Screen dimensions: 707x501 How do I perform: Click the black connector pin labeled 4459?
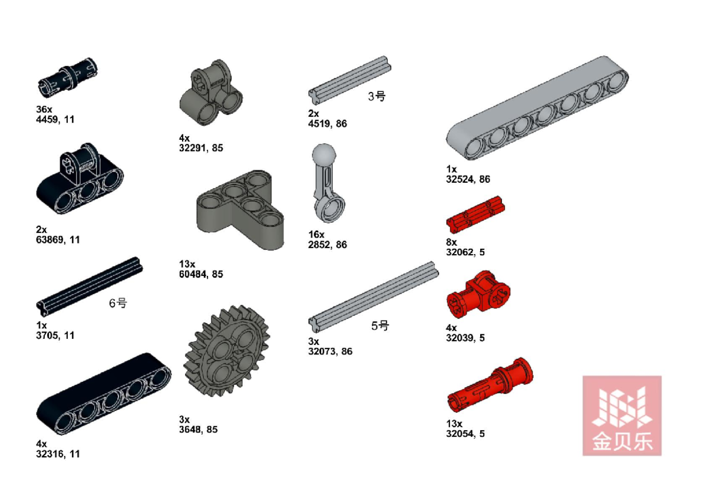coord(67,78)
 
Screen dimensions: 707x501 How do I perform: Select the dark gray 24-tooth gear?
coord(227,351)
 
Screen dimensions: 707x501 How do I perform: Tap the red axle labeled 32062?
coord(475,215)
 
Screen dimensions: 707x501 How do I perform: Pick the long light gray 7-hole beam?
coord(537,108)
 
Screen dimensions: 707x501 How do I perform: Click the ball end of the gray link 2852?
coord(324,154)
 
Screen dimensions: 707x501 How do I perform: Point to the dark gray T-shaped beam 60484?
coord(240,210)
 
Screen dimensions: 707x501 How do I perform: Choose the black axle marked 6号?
coord(90,286)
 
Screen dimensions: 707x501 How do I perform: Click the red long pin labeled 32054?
coord(490,385)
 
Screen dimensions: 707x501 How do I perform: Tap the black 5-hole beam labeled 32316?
coord(104,394)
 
